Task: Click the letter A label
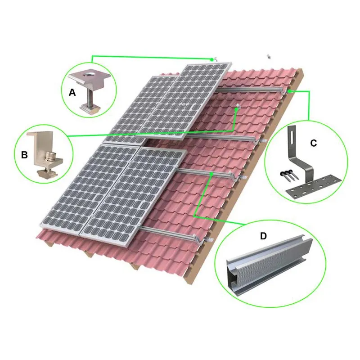[x=72, y=93]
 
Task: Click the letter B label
[x=24, y=155]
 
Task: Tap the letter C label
[x=313, y=143]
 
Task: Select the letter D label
[x=263, y=236]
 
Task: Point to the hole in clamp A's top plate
[x=89, y=74]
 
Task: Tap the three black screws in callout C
[x=289, y=175]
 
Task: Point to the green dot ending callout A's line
[x=211, y=59]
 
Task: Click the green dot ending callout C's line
[x=290, y=91]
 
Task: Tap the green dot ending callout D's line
[x=211, y=174]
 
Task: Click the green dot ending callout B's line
[x=236, y=109]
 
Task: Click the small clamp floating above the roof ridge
[x=269, y=56]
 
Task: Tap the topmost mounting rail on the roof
[x=250, y=90]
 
